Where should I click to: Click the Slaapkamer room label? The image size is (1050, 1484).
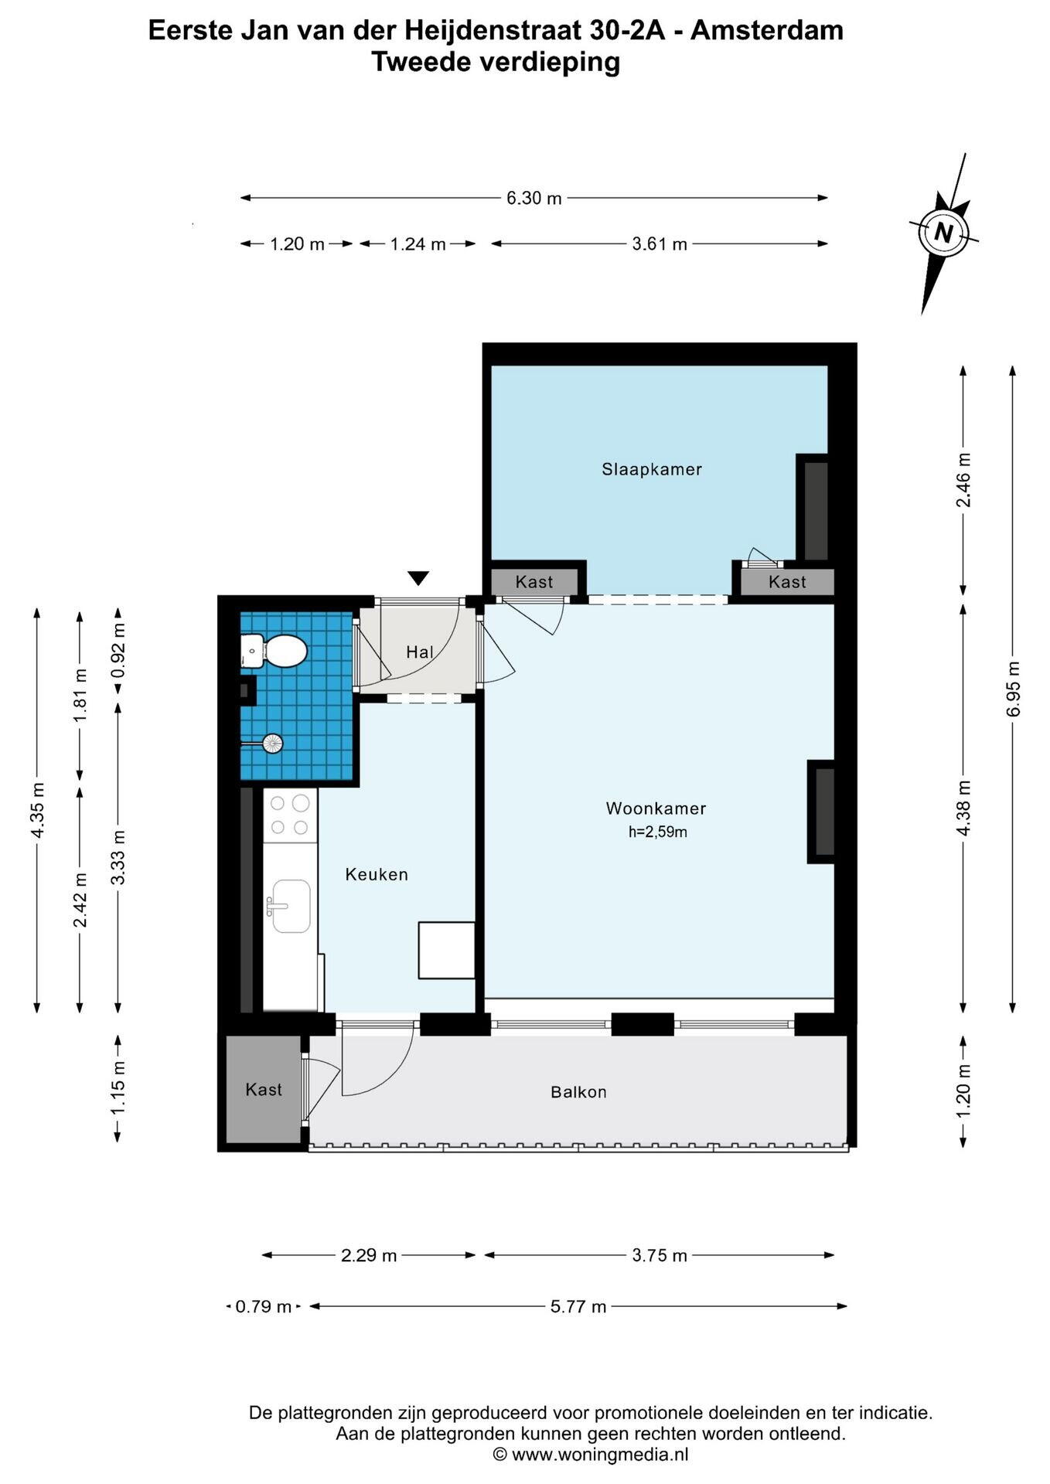click(x=652, y=469)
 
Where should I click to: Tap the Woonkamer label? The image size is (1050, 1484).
click(x=656, y=808)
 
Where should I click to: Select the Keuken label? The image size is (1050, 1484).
click(x=377, y=874)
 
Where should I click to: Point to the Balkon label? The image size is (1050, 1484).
click(x=578, y=1092)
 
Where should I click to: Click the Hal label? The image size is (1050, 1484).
click(x=420, y=652)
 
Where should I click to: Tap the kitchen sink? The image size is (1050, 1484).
click(x=290, y=906)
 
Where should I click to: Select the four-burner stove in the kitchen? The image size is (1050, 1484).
click(x=291, y=815)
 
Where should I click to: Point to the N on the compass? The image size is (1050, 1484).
click(x=943, y=232)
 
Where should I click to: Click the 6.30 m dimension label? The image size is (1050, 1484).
click(x=534, y=198)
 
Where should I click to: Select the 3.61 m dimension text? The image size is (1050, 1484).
click(x=660, y=244)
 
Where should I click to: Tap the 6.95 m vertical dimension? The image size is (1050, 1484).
click(x=1014, y=689)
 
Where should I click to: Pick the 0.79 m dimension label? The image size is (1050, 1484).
click(x=264, y=1306)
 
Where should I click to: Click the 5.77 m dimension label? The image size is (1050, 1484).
click(x=578, y=1306)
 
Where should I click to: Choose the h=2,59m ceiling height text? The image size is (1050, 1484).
click(x=658, y=832)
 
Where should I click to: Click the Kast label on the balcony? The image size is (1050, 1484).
click(x=264, y=1090)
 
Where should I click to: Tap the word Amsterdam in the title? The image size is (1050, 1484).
click(x=767, y=31)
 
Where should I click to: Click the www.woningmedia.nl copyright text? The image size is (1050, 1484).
click(x=591, y=1455)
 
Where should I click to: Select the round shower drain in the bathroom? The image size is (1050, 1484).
click(x=273, y=744)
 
